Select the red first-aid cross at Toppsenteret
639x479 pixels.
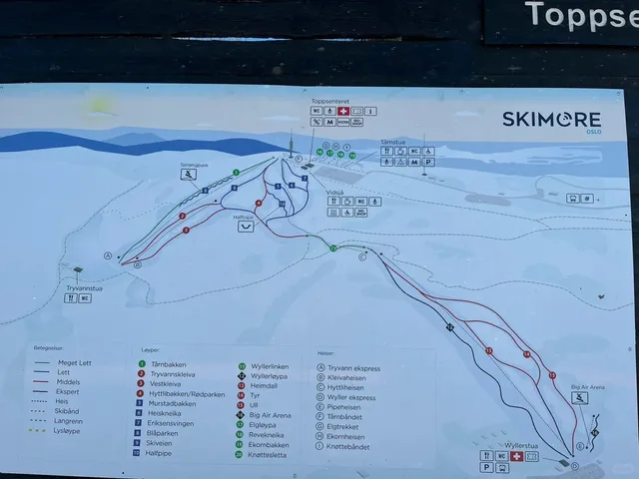tap(342, 111)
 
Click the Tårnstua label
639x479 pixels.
tap(392, 142)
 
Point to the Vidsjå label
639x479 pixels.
tap(333, 192)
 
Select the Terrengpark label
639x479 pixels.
tap(193, 164)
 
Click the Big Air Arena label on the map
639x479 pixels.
tap(588, 386)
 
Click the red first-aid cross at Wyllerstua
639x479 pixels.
tap(516, 456)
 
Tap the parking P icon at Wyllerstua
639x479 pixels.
tap(486, 466)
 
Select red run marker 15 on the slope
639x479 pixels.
tap(551, 375)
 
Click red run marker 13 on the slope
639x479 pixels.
tap(489, 350)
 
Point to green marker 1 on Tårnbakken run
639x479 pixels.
tap(236, 173)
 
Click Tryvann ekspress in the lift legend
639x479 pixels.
tap(349, 367)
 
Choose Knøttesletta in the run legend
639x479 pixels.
tap(264, 454)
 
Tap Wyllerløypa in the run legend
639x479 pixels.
tap(267, 376)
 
